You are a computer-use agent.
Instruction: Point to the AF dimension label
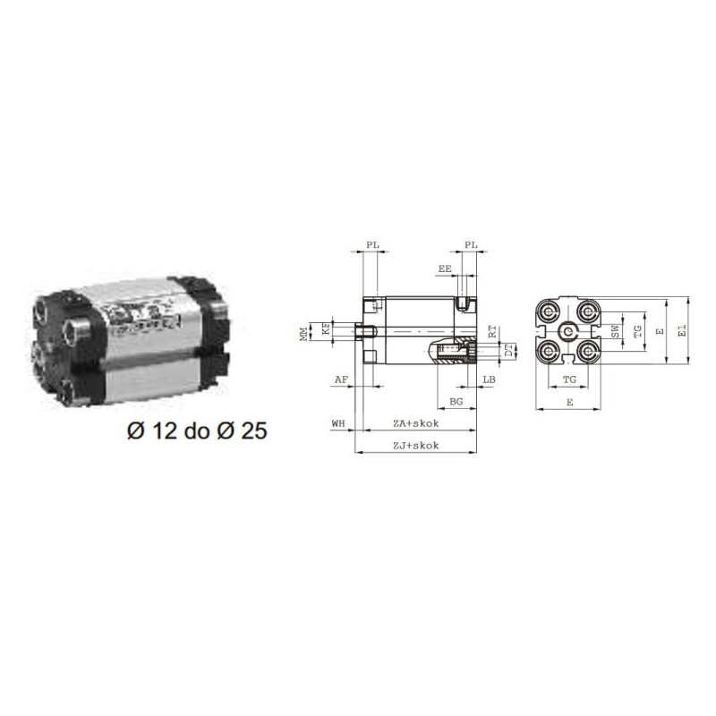tap(340, 380)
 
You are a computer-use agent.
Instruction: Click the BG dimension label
tap(455, 404)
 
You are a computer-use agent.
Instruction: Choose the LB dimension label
tap(488, 380)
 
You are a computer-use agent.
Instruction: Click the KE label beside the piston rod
tap(327, 329)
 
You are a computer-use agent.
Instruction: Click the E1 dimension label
tap(682, 331)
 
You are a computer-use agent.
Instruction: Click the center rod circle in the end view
tap(567, 332)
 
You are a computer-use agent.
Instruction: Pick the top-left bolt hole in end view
tap(548, 311)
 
